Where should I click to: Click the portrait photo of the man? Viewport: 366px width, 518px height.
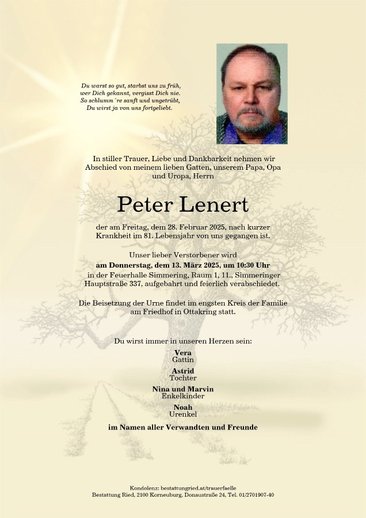click(251, 94)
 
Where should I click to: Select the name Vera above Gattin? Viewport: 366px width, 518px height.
click(183, 353)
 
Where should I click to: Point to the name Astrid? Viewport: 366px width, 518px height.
click(183, 371)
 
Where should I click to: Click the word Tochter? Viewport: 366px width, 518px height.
click(183, 378)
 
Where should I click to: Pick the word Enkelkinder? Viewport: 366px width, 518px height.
click(183, 397)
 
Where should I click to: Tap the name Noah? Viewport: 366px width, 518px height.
click(183, 407)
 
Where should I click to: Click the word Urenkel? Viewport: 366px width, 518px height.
click(183, 414)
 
